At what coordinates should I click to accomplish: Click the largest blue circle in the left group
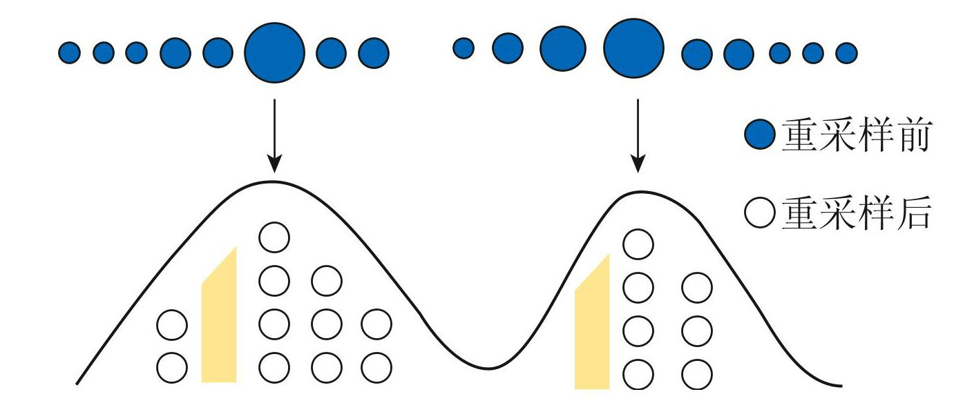pyautogui.click(x=274, y=52)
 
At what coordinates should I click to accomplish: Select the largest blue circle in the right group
pyautogui.click(x=633, y=48)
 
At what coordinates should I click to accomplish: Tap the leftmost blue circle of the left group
pyautogui.click(x=69, y=52)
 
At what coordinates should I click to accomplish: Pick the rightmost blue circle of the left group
pyautogui.click(x=374, y=52)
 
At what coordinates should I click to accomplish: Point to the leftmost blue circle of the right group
pyautogui.click(x=464, y=48)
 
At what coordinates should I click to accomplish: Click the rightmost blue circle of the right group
pyautogui.click(x=846, y=52)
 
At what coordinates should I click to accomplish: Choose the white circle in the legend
pyautogui.click(x=761, y=213)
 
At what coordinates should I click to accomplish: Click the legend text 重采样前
pyautogui.click(x=857, y=136)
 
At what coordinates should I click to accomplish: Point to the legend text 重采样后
pyautogui.click(x=857, y=213)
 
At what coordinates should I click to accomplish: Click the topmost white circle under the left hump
pyautogui.click(x=274, y=238)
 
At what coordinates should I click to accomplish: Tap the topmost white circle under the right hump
pyautogui.click(x=638, y=244)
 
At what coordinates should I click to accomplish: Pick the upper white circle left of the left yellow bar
pyautogui.click(x=171, y=325)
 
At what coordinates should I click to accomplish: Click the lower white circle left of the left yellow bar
pyautogui.click(x=171, y=368)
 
